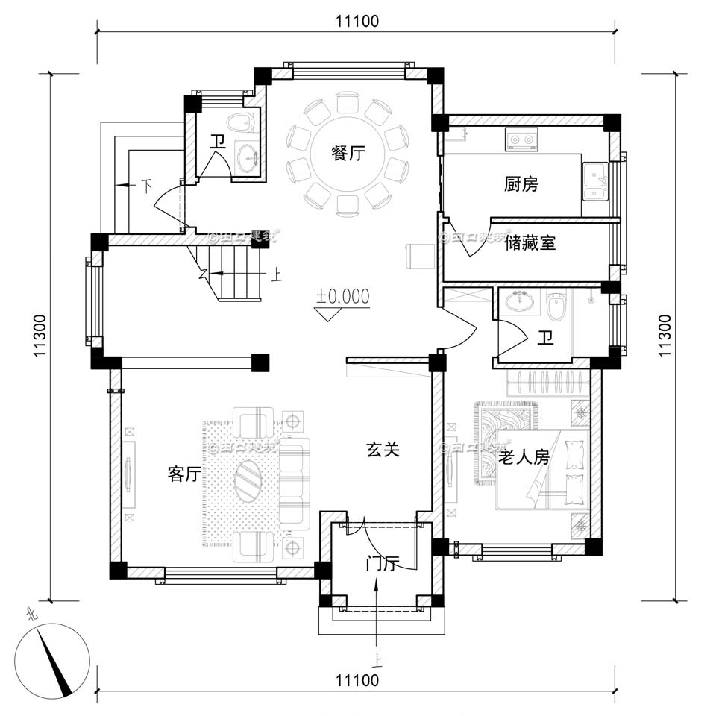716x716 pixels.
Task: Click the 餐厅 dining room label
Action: click(348, 154)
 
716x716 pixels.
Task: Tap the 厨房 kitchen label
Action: click(520, 184)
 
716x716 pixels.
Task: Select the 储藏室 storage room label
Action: click(530, 243)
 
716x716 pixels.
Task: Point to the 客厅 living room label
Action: click(184, 474)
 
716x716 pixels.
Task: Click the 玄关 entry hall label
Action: click(383, 450)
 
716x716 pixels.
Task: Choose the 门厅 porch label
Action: click(380, 564)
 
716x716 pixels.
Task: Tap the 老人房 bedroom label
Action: click(524, 457)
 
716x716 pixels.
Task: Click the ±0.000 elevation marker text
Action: click(343, 296)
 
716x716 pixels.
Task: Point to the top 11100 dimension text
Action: click(357, 22)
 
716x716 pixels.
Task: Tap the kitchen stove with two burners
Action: click(521, 138)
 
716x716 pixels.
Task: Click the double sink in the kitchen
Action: click(594, 183)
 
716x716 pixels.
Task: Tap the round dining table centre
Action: click(348, 153)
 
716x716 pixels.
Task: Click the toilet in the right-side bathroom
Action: click(556, 306)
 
